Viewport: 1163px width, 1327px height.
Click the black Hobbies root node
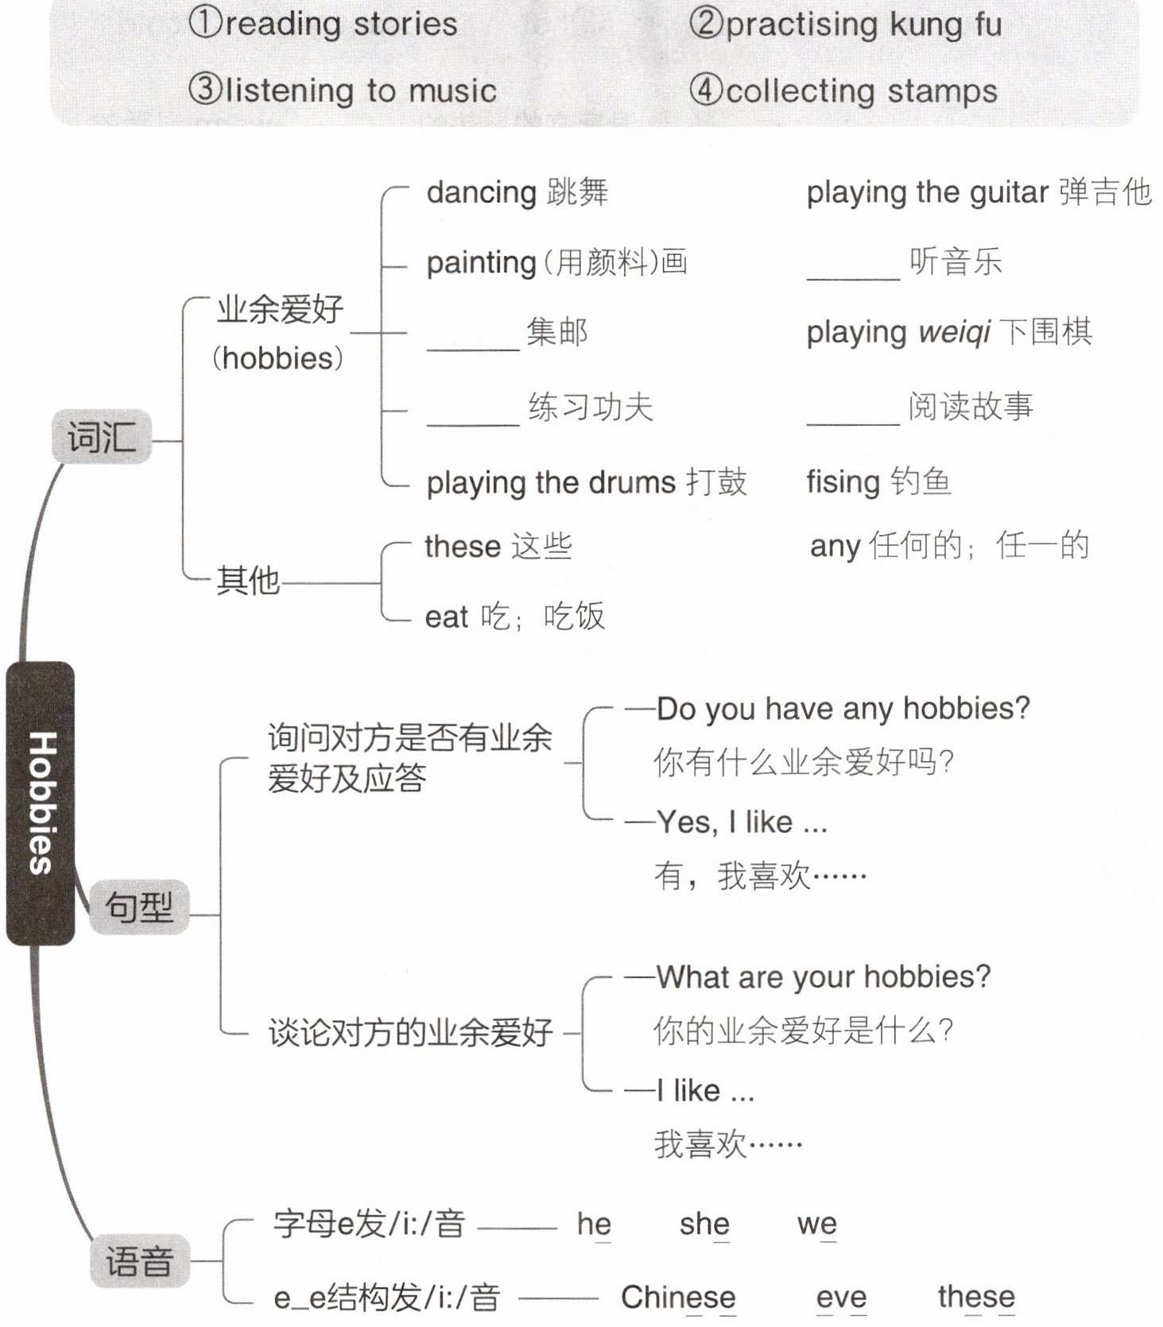tap(41, 803)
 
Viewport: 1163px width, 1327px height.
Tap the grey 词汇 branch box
tap(101, 436)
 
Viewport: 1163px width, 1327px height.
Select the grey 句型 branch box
tap(139, 907)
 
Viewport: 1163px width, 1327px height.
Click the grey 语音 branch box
tap(139, 1260)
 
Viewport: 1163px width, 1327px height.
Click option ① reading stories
tap(323, 24)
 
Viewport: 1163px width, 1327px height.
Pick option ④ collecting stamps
tap(843, 91)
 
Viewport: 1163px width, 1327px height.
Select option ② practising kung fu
tap(845, 24)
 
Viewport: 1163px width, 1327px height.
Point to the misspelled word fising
tap(843, 482)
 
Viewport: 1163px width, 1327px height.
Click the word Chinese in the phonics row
tap(678, 1297)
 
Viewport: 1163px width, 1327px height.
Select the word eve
tap(841, 1297)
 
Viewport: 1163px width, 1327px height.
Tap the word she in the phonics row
tap(704, 1224)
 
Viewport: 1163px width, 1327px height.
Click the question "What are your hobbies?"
tap(824, 977)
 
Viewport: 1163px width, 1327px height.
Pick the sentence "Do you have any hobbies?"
tap(843, 708)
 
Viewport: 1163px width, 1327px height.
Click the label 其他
tap(248, 580)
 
